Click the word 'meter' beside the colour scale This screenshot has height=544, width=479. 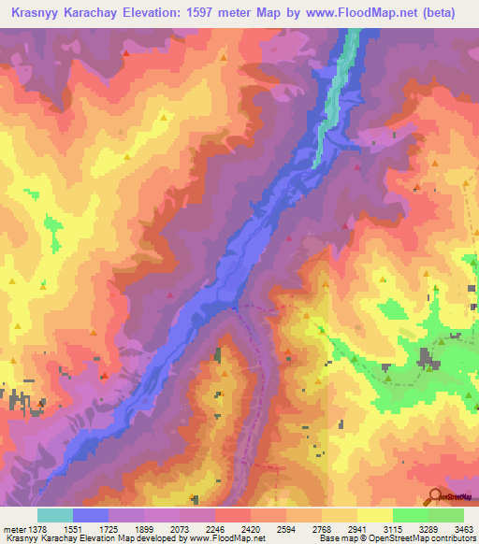click(x=13, y=528)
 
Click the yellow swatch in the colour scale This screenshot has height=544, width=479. click(x=374, y=515)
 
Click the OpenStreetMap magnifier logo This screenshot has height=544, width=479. click(x=435, y=495)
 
